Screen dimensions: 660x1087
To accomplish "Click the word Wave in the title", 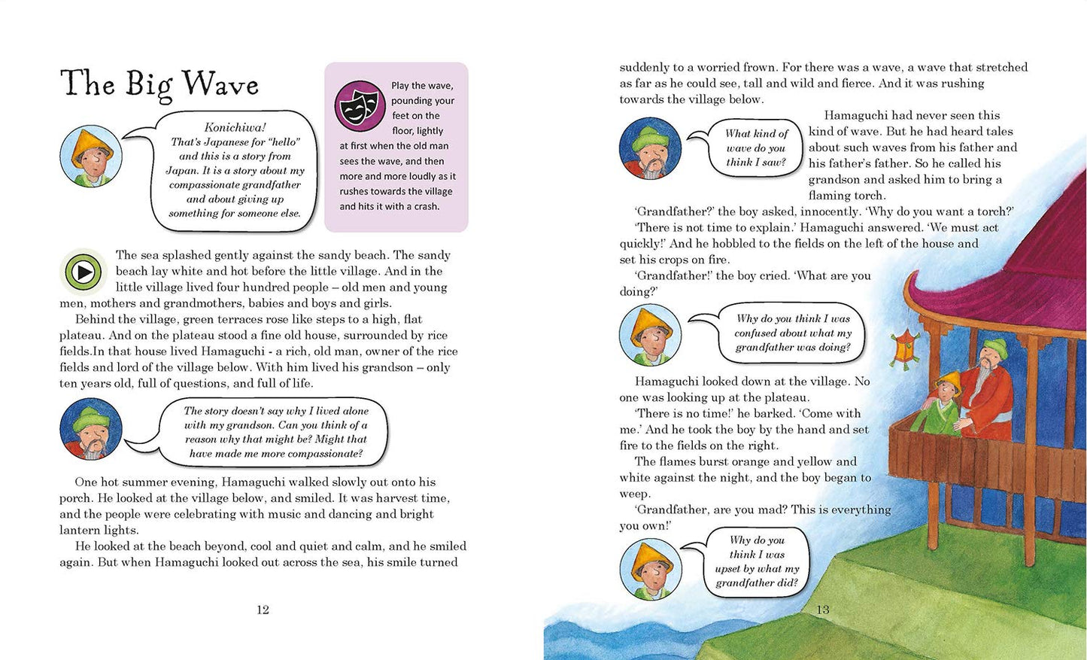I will (220, 84).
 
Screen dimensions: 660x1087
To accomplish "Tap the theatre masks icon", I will (360, 106).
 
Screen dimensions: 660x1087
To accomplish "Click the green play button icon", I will (84, 272).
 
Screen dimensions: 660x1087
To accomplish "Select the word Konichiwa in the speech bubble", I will (235, 127).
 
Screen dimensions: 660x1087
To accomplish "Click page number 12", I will (263, 610).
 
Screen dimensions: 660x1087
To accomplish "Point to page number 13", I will (822, 610).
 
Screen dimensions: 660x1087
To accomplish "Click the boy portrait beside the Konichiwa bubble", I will (91, 157).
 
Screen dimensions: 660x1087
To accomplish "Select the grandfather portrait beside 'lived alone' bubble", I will (91, 429).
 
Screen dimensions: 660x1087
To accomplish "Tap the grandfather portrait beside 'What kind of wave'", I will (650, 148).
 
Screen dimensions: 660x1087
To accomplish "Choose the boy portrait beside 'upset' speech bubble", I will (650, 569).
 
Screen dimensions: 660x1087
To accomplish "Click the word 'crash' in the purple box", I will (425, 206).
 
